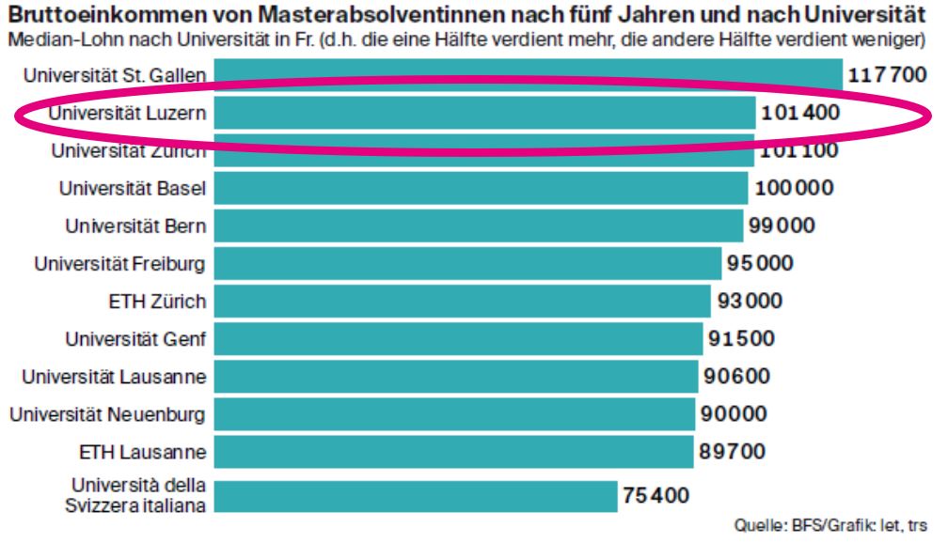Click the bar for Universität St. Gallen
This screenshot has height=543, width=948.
527,75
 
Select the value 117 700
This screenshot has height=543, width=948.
887,75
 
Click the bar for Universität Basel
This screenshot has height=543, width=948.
480,188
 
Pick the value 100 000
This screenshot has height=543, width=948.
793,188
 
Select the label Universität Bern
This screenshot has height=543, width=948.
135,226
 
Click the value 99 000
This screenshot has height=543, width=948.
782,226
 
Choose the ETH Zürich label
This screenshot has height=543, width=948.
157,302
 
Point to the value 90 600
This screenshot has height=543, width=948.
736,377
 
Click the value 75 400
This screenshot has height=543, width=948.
656,495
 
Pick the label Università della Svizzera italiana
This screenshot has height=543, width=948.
139,495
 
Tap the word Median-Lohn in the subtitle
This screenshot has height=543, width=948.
53,40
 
